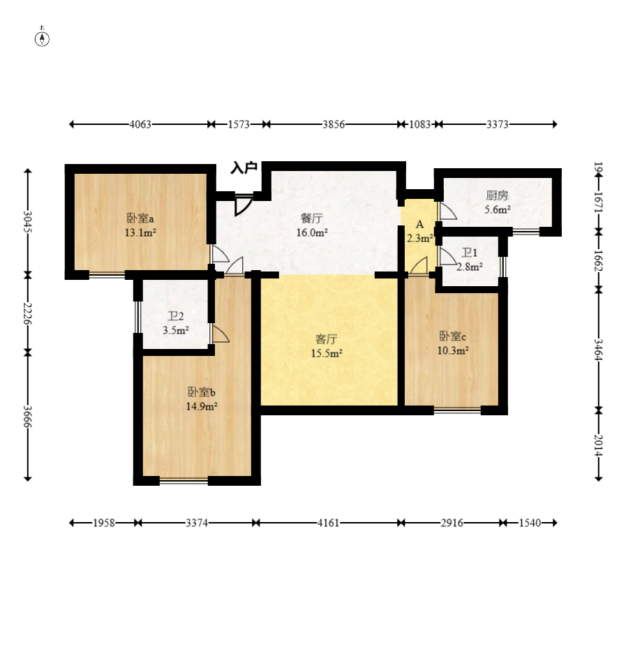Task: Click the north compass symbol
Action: (42, 37)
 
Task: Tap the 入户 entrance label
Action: (244, 168)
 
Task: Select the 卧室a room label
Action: (140, 218)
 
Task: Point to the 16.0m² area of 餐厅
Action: (312, 232)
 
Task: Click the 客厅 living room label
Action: (327, 339)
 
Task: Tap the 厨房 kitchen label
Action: (498, 195)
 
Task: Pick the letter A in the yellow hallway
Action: (419, 225)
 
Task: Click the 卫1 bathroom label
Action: (469, 253)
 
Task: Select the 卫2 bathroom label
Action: (175, 316)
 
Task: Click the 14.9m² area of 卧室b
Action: (202, 406)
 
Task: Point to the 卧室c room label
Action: (453, 336)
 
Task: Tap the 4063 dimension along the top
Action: (140, 124)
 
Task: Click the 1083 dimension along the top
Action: (419, 124)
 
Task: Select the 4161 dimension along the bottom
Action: (328, 523)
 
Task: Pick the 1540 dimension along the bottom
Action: (530, 523)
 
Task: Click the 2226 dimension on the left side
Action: (28, 313)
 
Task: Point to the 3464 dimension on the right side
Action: (599, 350)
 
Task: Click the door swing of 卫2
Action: (221, 334)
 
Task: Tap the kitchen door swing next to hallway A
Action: (448, 211)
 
